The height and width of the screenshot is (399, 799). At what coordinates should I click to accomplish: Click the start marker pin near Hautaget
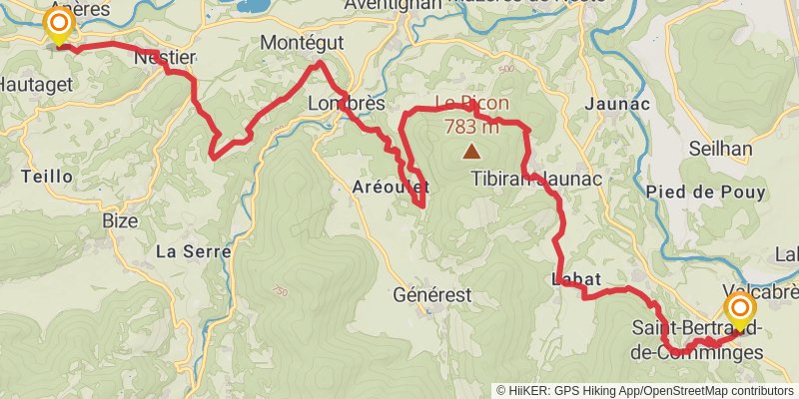pos(60,25)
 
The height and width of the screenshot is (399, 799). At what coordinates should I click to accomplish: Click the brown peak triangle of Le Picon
pos(469,153)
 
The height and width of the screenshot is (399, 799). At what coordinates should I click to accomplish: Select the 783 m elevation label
pos(470,127)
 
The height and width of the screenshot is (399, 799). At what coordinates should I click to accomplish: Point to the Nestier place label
pos(165,58)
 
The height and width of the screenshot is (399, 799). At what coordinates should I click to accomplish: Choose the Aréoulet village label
pos(392,187)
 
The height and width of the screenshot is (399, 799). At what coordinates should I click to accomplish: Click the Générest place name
pos(431,294)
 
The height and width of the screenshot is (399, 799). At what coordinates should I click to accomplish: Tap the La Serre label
pos(193,251)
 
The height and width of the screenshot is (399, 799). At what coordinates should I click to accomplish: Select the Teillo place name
pos(46,176)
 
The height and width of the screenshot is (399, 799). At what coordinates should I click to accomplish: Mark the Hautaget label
pos(37,86)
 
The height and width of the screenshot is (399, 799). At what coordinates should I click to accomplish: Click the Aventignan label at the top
pos(394,5)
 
